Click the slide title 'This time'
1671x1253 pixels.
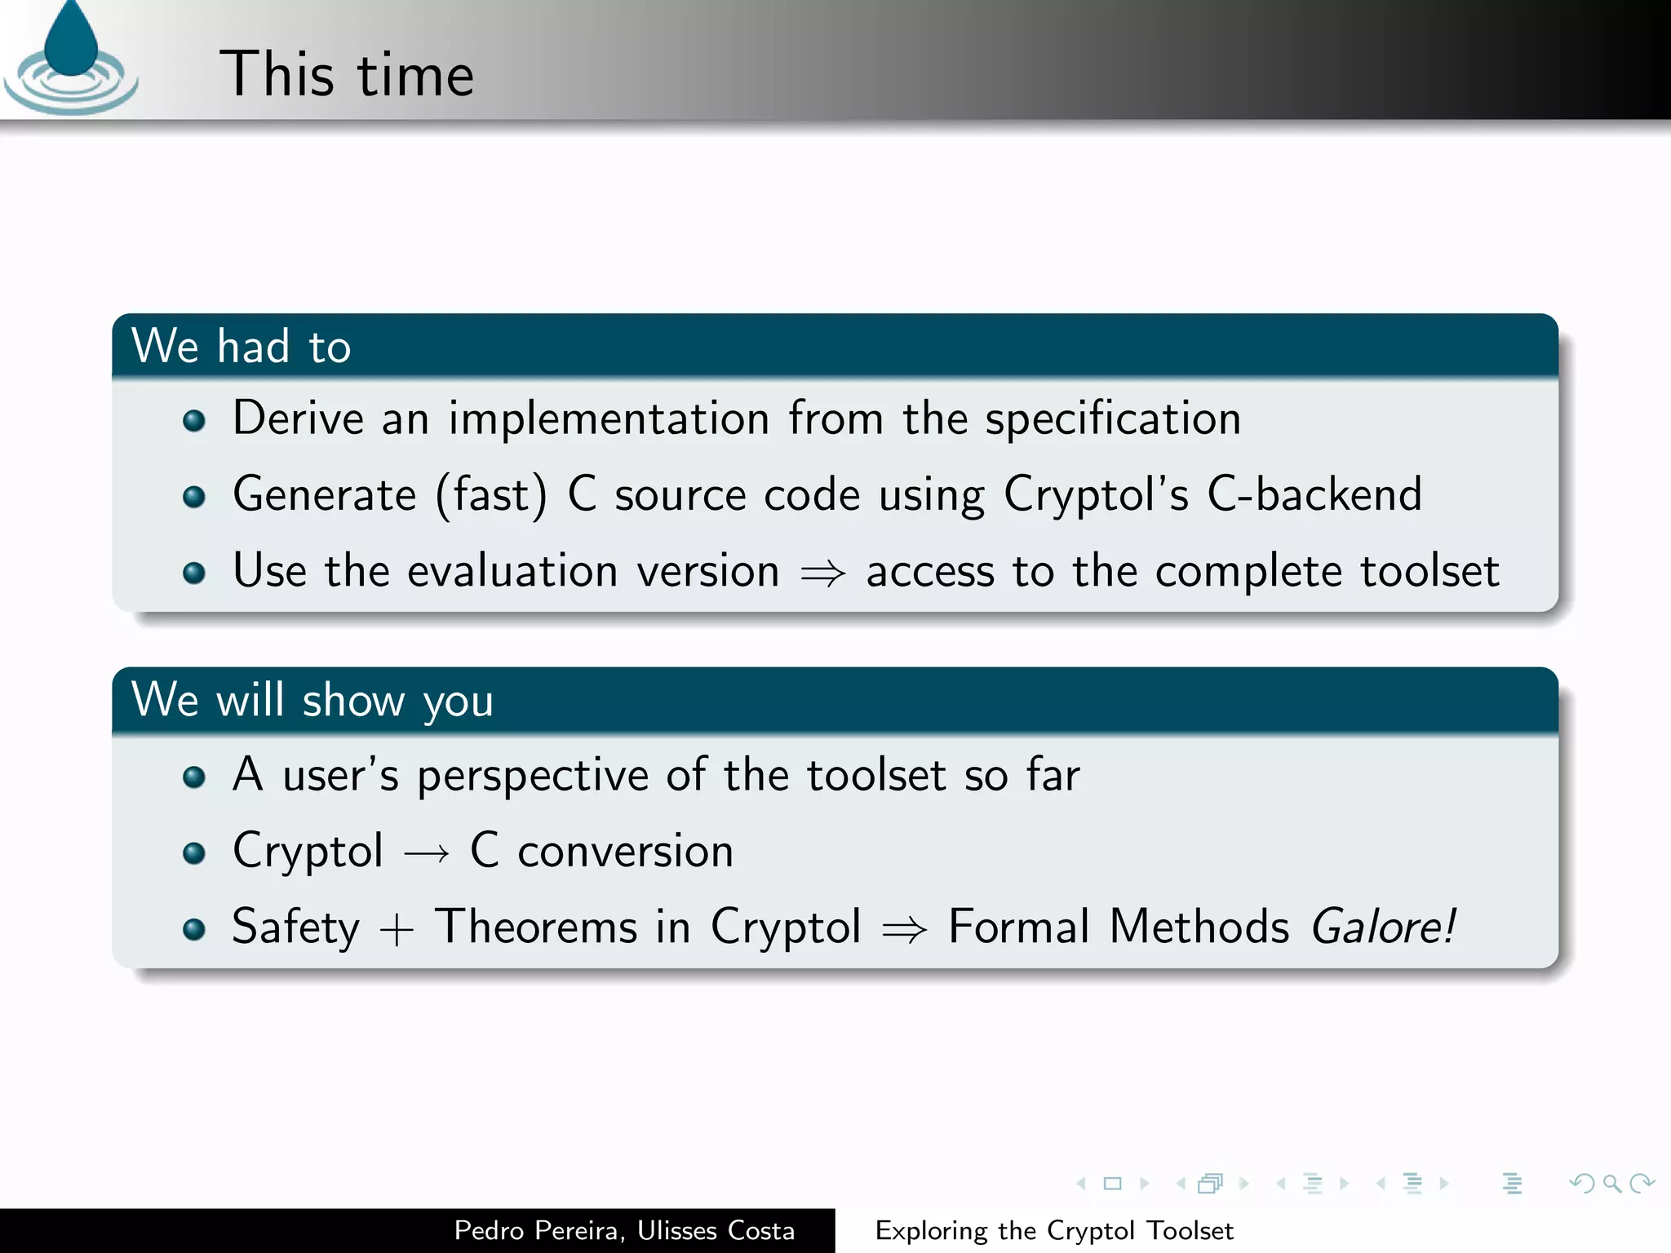[x=347, y=74]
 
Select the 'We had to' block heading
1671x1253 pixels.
[x=242, y=346]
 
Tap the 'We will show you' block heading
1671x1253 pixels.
[x=312, y=700]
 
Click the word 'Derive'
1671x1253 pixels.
[x=298, y=418]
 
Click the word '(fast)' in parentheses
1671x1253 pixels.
[x=492, y=495]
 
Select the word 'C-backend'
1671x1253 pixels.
[x=1314, y=494]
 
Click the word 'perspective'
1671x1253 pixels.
[x=533, y=776]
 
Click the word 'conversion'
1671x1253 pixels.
[x=626, y=852]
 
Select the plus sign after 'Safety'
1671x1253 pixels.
[x=397, y=929]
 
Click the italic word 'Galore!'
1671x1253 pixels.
[x=1383, y=928]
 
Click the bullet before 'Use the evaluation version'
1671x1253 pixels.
[x=194, y=573]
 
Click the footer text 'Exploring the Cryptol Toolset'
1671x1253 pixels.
[x=1054, y=1230]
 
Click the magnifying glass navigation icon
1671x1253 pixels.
[x=1611, y=1183]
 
